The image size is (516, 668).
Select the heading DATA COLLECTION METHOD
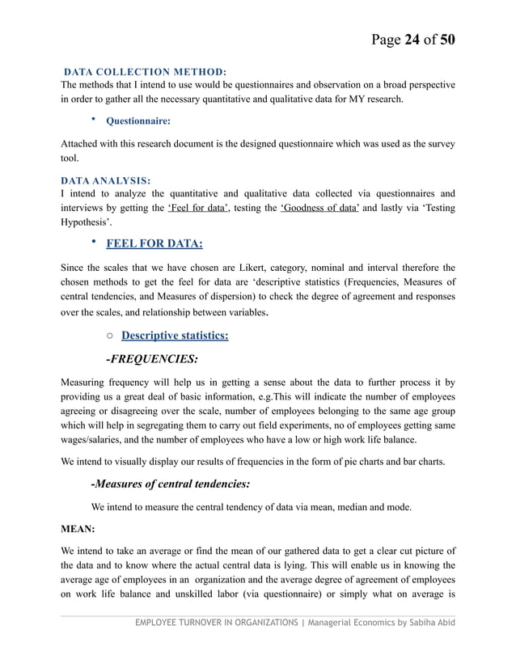tap(145, 73)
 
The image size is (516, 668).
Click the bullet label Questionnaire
tap(133, 121)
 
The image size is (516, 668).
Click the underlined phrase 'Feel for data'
tap(198, 208)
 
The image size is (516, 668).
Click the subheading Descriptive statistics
tap(174, 335)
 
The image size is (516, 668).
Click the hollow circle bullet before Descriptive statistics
tap(109, 336)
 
